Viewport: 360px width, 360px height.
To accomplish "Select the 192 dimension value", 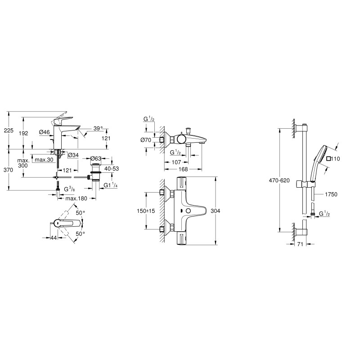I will (23, 133).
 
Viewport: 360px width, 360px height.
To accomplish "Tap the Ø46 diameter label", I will (44, 132).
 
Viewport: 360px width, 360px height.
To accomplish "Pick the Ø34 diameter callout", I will (73, 155).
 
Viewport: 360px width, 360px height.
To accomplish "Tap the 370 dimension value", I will (9, 170).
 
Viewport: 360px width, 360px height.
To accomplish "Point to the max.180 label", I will (75, 198).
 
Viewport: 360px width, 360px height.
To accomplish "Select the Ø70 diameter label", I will (146, 140).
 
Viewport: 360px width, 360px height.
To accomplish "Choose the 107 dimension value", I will (176, 162).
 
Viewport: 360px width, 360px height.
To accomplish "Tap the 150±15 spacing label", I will (146, 211).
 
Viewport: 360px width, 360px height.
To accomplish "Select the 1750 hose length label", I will (330, 194).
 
